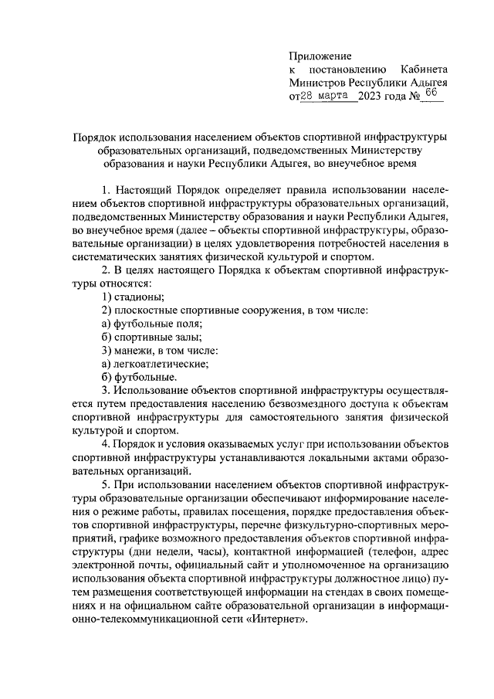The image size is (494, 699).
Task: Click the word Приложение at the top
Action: point(320,56)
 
